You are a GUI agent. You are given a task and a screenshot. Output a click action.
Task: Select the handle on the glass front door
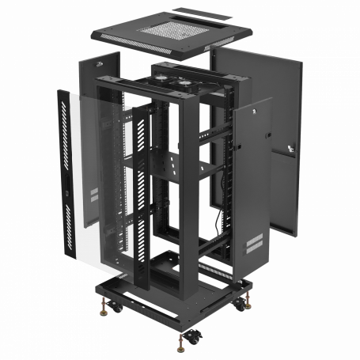67,190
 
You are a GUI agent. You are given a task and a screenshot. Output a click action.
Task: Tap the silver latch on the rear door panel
290,148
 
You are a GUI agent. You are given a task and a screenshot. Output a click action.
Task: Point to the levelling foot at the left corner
103,302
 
